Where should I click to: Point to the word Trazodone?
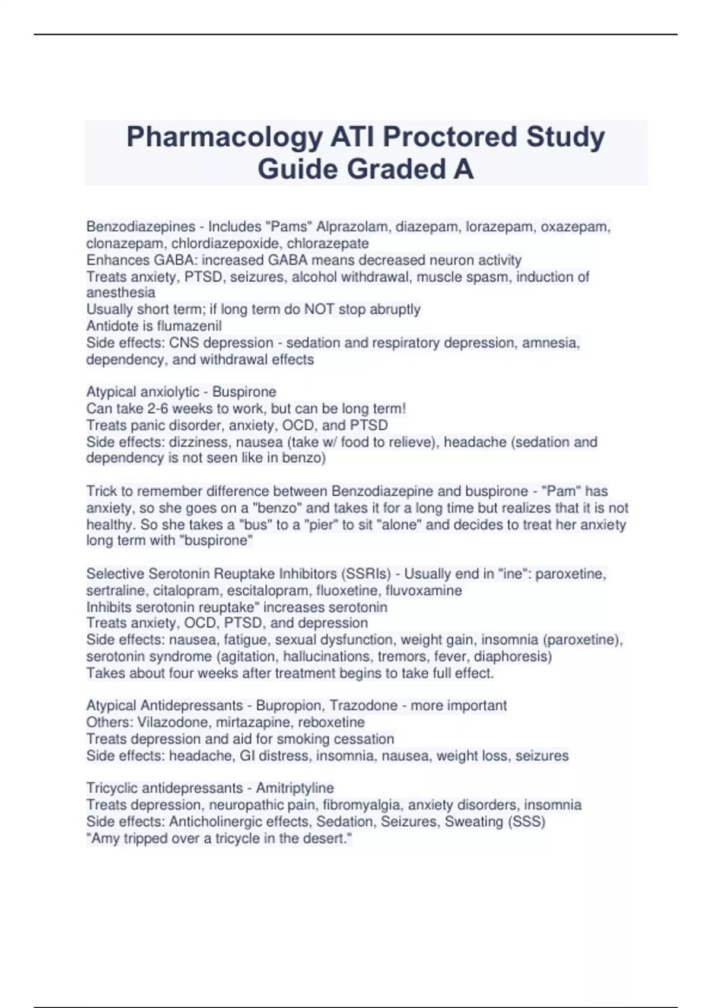363,706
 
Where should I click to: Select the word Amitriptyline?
295,788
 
